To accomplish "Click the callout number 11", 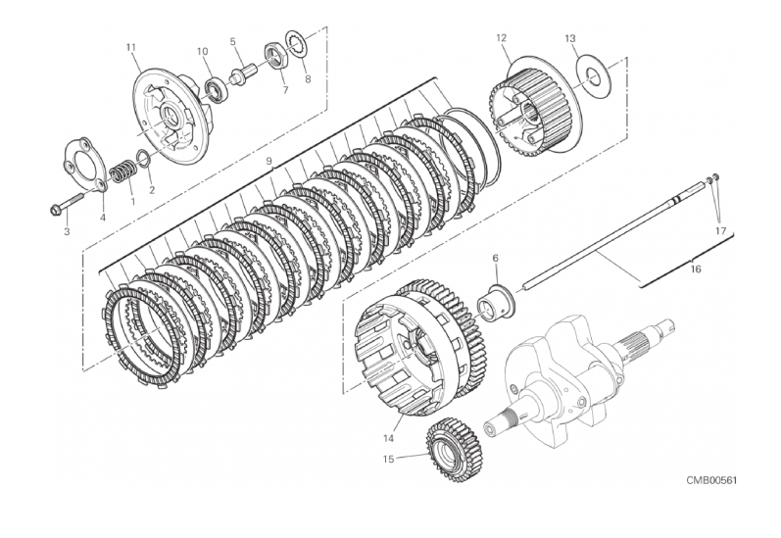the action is click(x=130, y=48).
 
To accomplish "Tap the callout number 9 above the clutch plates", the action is click(x=268, y=161).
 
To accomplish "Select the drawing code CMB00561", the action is click(x=711, y=480).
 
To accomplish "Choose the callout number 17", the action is click(x=721, y=230).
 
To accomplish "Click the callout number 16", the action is click(x=696, y=269).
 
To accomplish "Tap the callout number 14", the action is click(x=388, y=438).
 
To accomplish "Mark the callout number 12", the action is click(x=501, y=38).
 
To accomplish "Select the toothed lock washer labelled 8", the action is click(x=298, y=43).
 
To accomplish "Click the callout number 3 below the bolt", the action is click(x=67, y=231).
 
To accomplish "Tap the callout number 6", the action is click(x=495, y=258).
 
